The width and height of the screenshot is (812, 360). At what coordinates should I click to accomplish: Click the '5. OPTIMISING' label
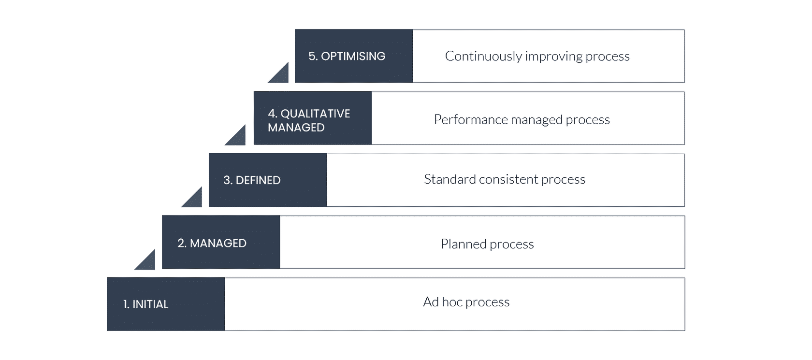click(347, 56)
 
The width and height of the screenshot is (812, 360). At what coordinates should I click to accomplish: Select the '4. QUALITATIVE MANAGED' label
click(309, 120)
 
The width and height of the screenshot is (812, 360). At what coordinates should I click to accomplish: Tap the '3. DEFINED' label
click(252, 180)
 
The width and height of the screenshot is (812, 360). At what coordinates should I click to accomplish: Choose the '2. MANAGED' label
click(212, 243)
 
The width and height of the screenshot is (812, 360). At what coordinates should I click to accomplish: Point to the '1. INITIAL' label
click(146, 304)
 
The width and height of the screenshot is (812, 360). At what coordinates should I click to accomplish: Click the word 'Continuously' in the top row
click(483, 57)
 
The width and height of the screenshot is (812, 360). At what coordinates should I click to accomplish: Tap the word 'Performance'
click(471, 120)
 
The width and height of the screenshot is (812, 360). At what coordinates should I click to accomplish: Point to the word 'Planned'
click(464, 244)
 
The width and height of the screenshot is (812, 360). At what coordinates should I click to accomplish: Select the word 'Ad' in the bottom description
click(431, 302)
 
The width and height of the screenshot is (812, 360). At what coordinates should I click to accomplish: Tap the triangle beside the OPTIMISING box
click(281, 75)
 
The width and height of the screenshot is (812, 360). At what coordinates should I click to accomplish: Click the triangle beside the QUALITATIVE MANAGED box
click(238, 138)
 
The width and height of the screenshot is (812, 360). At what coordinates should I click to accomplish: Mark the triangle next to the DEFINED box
click(195, 200)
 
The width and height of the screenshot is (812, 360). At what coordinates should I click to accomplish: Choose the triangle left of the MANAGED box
click(148, 262)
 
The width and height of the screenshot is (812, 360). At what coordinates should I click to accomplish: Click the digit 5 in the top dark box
click(312, 56)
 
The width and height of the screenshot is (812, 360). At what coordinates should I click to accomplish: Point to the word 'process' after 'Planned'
click(512, 245)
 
